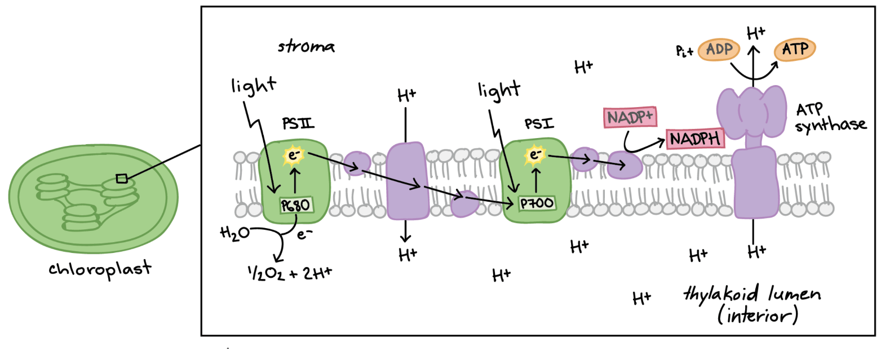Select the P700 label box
pos(537,203)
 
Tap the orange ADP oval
pos(719,50)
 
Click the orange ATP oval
pos(795,49)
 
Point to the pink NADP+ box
pos(630,117)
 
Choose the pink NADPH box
pos(695,139)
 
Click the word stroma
pos(306,46)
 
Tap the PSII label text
pos(298,123)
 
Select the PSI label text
pos(539,124)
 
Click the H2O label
pos(234,233)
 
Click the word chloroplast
pos(100,269)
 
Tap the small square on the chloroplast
pos(122,179)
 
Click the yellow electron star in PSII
pos(293,155)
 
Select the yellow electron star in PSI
pos(534,154)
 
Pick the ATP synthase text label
pos(830,118)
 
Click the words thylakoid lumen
pos(752,294)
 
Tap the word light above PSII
pos(254,86)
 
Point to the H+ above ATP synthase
pos(756,33)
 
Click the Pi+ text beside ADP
pos(684,51)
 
